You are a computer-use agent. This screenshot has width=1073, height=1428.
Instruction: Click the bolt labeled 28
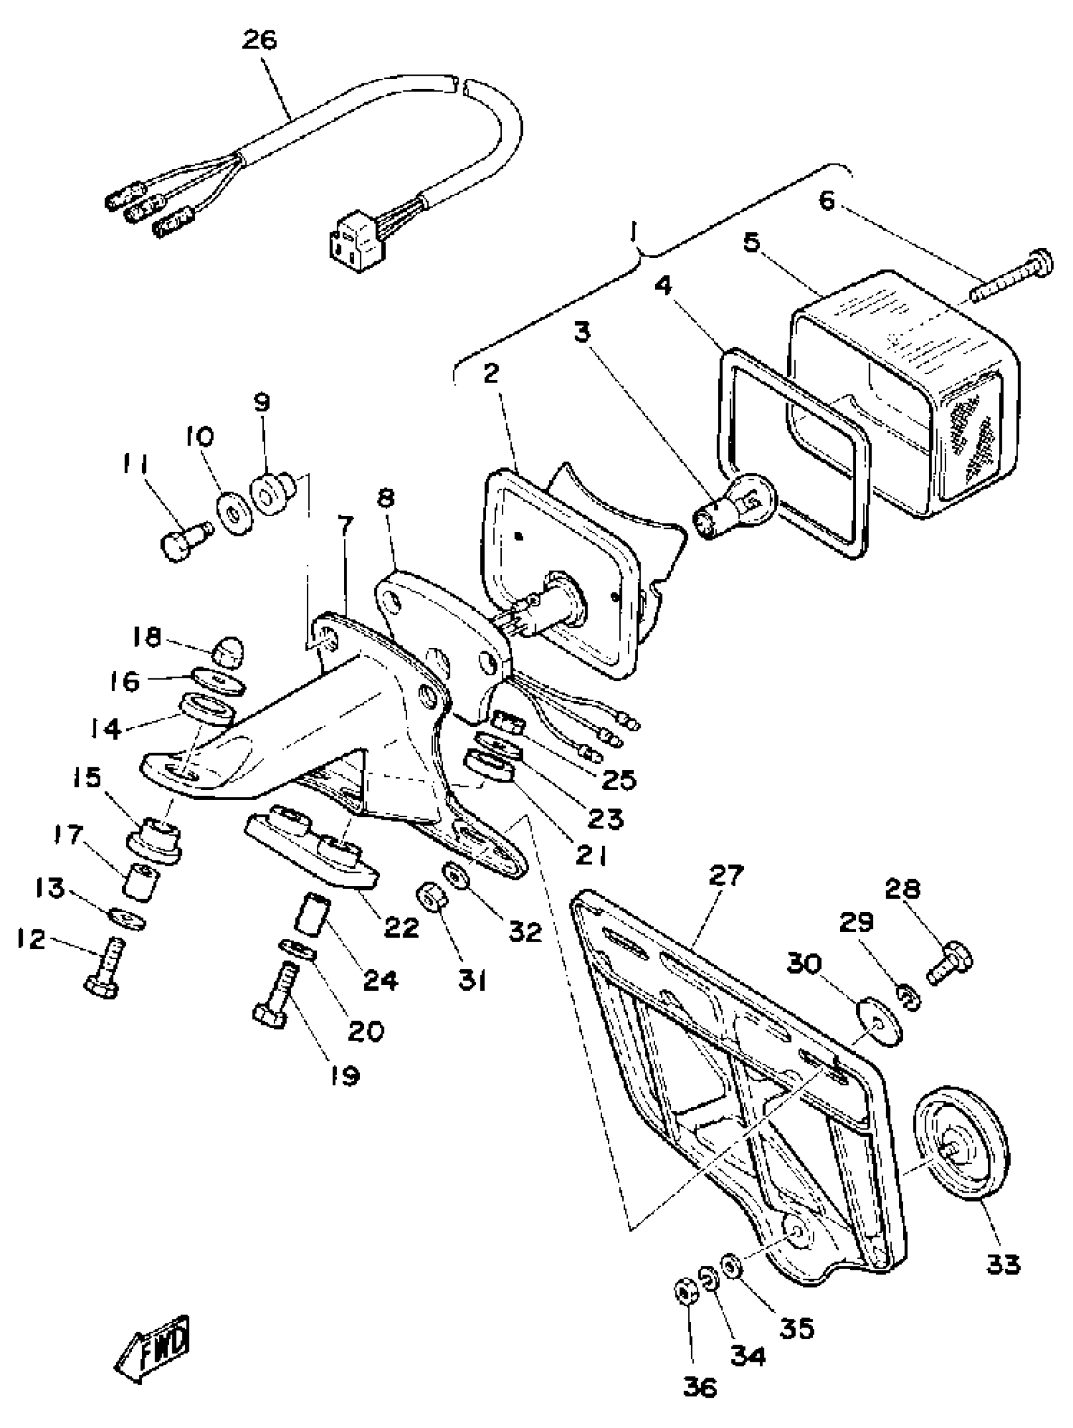coord(950,967)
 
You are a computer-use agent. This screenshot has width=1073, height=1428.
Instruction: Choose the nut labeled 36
coord(684,1291)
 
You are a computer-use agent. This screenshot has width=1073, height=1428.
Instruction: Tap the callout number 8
coord(386,499)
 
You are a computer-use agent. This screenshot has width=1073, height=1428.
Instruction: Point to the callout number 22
coord(401,928)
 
